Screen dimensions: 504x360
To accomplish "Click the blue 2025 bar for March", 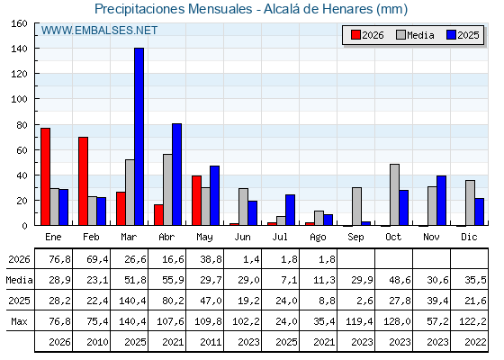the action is click(x=139, y=137).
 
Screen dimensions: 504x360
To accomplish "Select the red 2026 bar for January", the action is click(x=45, y=176).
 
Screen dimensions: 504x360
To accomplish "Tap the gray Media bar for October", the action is click(x=394, y=194).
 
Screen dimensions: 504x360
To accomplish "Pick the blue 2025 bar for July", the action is click(x=290, y=210).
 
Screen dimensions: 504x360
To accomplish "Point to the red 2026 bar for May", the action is click(x=196, y=201).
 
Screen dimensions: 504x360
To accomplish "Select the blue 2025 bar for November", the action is click(x=441, y=201).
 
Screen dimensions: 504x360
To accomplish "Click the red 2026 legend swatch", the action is click(x=355, y=35).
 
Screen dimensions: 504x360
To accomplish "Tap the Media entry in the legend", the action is click(x=415, y=35).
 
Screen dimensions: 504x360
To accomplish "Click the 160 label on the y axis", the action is click(x=19, y=23).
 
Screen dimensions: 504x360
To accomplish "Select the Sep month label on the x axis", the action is click(x=355, y=237).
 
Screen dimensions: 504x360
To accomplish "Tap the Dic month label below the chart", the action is click(x=469, y=237).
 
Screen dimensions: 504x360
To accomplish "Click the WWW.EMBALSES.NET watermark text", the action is click(x=99, y=31).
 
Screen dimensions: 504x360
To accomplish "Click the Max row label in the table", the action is click(x=19, y=321).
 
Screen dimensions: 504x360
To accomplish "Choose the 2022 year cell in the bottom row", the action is click(x=472, y=342).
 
